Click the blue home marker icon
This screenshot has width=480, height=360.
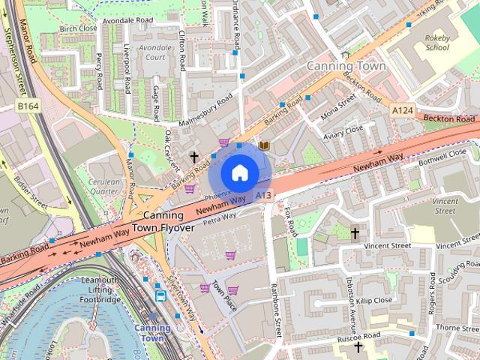(239, 173)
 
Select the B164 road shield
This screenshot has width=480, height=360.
(28, 107)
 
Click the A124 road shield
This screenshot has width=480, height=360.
(403, 110)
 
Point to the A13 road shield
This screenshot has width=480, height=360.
(262, 195)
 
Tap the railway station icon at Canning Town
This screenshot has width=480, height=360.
(161, 295)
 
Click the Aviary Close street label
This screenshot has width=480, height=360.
(343, 133)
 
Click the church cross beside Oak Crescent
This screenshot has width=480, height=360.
(194, 157)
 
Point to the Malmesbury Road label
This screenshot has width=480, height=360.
(207, 111)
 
